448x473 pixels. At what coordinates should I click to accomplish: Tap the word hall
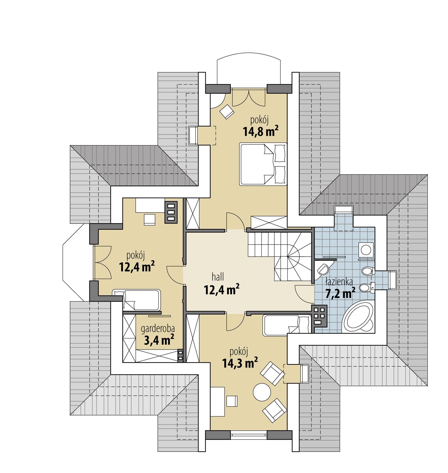coord(218,277)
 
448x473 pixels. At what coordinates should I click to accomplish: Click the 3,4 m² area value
coord(158,340)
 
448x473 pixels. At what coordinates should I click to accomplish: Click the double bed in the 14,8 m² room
coord(263,164)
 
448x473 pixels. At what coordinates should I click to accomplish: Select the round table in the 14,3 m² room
coord(262,392)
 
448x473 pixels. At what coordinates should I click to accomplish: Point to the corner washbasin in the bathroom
coord(323,268)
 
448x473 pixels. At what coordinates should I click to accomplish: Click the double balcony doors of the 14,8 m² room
coord(248,98)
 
